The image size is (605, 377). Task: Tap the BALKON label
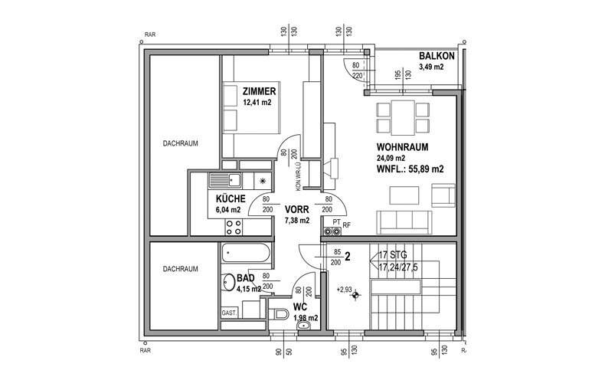pyautogui.click(x=437, y=57)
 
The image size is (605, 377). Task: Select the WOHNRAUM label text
pyautogui.click(x=401, y=147)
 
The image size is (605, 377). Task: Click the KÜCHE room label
pyautogui.click(x=230, y=198)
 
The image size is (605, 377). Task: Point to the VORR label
pyautogui.click(x=296, y=208)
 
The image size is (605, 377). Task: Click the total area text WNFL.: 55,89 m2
pyautogui.click(x=410, y=169)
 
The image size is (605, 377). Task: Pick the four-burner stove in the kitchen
pyautogui.click(x=234, y=227)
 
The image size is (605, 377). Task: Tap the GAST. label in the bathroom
pyautogui.click(x=229, y=313)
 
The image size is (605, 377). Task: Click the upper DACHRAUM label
pyautogui.click(x=181, y=143)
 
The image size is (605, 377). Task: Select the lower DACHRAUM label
pyautogui.click(x=181, y=269)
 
